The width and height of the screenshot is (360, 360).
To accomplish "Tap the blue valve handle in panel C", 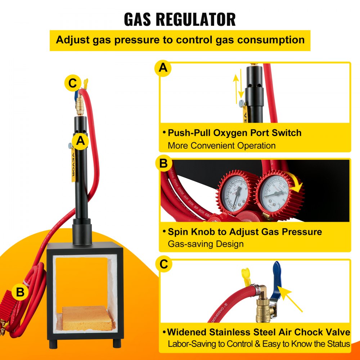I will click(276, 278).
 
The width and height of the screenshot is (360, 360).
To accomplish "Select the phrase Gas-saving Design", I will click(206, 244).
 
